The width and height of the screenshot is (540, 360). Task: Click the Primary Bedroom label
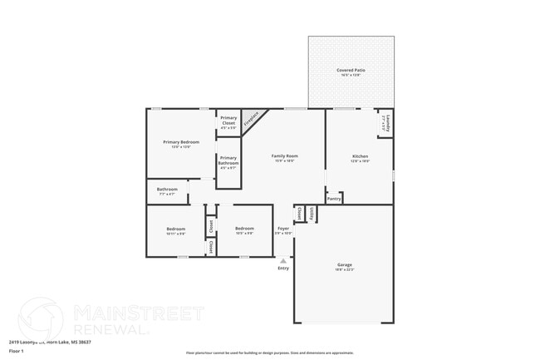coord(180,143)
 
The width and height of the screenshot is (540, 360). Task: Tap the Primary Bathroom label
coord(228,160)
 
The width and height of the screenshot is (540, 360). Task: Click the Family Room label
coord(284,156)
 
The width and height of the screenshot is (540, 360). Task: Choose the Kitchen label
coord(359,156)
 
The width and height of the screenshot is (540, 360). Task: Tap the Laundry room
coord(385,124)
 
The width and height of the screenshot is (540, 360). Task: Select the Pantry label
coord(334,199)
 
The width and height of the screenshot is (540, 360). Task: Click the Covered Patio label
coord(351,71)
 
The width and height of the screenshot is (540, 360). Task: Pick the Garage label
coord(344,265)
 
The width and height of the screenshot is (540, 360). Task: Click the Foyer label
coord(283,229)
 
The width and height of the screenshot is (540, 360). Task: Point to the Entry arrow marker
coord(283,260)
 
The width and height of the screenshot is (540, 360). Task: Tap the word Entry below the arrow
coord(283,268)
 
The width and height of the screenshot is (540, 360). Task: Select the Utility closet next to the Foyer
coord(310,215)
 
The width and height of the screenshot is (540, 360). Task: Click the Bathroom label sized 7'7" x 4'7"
coord(167,190)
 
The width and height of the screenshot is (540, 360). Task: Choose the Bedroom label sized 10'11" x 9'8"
coord(175,229)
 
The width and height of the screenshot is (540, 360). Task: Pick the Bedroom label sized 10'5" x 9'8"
coord(244,229)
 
